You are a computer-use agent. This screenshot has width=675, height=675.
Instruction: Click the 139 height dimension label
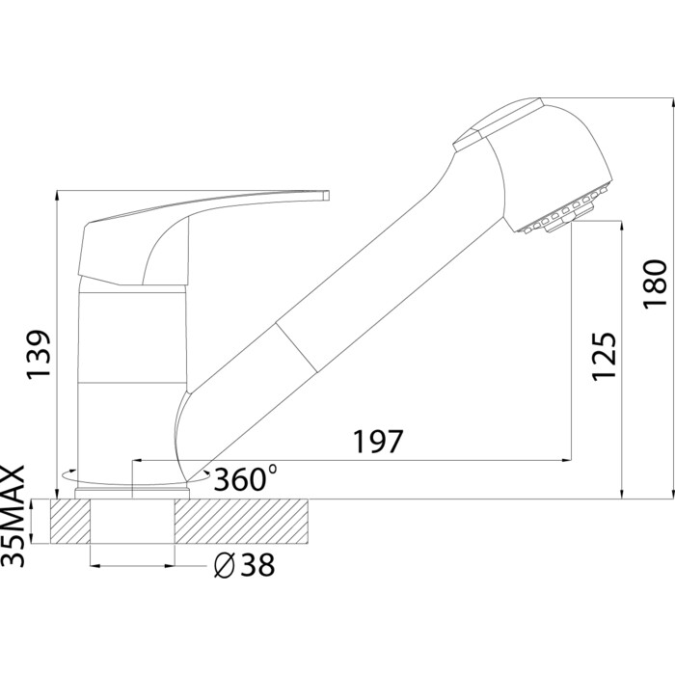[40, 355]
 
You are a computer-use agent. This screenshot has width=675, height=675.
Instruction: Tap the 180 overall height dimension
[655, 284]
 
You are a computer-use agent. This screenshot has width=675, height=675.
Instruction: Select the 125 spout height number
[604, 356]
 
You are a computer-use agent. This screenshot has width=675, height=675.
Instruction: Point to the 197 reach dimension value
[378, 442]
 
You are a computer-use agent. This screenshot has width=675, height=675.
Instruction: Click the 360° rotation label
[245, 478]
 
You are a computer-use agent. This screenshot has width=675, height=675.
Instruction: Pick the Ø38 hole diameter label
[245, 565]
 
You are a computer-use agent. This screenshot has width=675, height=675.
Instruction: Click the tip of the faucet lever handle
[326, 195]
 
